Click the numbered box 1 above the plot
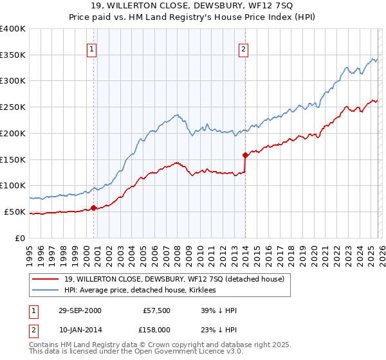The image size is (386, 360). click(x=91, y=50)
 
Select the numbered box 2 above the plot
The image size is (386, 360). click(x=244, y=50)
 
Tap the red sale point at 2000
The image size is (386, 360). click(x=94, y=208)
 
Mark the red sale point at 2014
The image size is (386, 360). click(x=245, y=155)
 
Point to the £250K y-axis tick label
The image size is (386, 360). click(x=13, y=107)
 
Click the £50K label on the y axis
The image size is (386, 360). click(x=15, y=212)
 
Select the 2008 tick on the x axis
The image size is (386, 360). click(x=177, y=251)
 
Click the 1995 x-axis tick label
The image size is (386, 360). click(x=30, y=251)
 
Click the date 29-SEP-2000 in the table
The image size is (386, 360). click(x=79, y=310)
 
